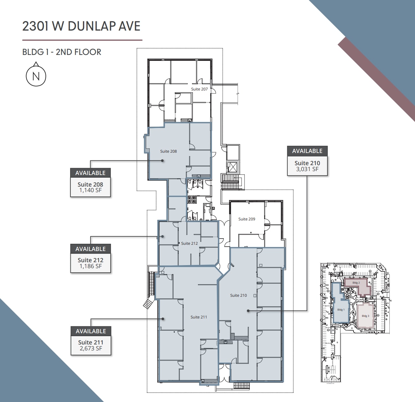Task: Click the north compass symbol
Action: pyautogui.click(x=36, y=76)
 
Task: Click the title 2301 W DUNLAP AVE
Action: pyautogui.click(x=81, y=26)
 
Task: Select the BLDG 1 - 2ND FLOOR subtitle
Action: pyautogui.click(x=62, y=52)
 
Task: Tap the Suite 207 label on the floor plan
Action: pyautogui.click(x=199, y=89)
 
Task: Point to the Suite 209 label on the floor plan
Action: pyautogui.click(x=246, y=219)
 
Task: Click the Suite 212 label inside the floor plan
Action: pyautogui.click(x=189, y=243)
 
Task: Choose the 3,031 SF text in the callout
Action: pyautogui.click(x=307, y=169)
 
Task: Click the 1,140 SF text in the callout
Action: pyautogui.click(x=90, y=190)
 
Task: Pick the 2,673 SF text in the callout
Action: pyautogui.click(x=91, y=348)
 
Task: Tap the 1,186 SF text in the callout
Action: pyautogui.click(x=91, y=266)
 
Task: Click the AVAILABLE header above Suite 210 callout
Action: pyautogui.click(x=307, y=151)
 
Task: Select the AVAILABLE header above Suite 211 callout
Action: pyautogui.click(x=91, y=331)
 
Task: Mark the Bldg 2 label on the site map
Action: pyautogui.click(x=356, y=283)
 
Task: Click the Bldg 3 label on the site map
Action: pyautogui.click(x=365, y=316)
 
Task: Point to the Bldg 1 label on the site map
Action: pyautogui.click(x=341, y=310)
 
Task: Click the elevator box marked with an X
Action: pyautogui.click(x=233, y=167)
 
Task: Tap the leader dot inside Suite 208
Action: pyautogui.click(x=162, y=161)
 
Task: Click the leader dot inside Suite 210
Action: pyautogui.click(x=248, y=310)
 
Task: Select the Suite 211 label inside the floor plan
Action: pyautogui.click(x=199, y=317)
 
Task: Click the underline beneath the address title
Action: pyautogui.click(x=82, y=40)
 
